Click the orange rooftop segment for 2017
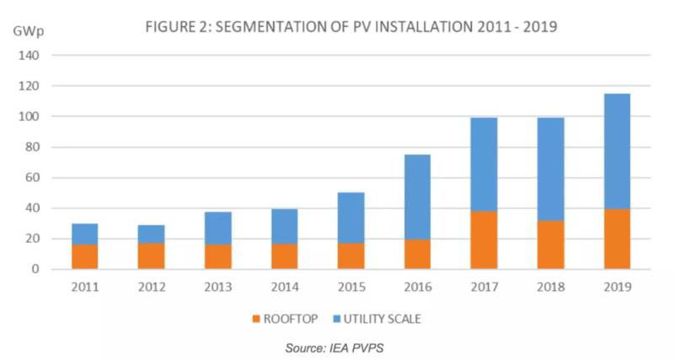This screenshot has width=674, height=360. pos(484,239)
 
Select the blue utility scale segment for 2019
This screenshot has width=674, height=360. pos(617,151)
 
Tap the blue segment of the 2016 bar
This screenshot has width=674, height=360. pos(417,196)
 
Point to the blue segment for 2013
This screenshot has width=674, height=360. pos(218,228)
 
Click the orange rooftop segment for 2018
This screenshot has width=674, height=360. pos(550,244)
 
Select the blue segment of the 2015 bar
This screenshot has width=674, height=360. pos(350,218)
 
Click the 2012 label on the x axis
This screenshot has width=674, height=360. pos(152,286)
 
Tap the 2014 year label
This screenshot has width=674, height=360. pos(285,286)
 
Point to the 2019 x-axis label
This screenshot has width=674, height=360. pos(617,286)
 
